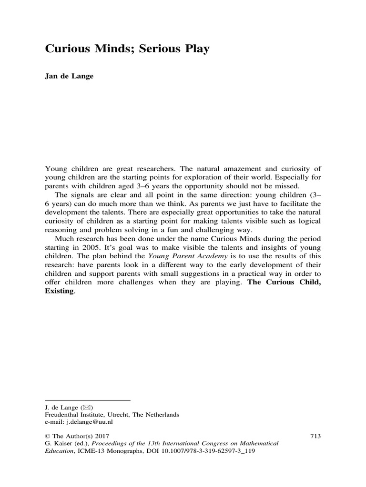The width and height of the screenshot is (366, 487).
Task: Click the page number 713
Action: click(315, 435)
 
